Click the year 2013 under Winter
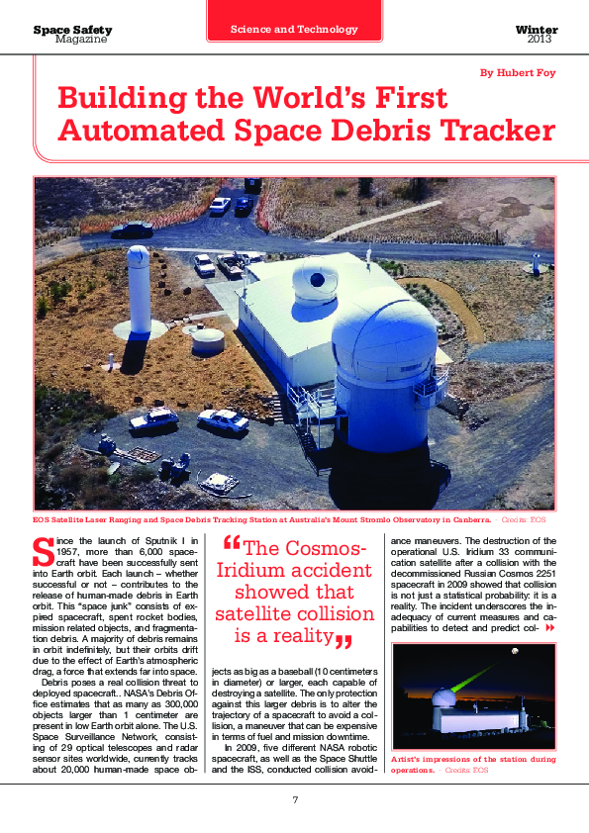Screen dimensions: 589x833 540,40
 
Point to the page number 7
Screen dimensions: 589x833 294,799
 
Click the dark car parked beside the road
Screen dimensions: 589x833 132,231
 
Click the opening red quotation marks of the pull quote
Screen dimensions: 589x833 233,543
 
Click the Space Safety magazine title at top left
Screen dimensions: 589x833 72,31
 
